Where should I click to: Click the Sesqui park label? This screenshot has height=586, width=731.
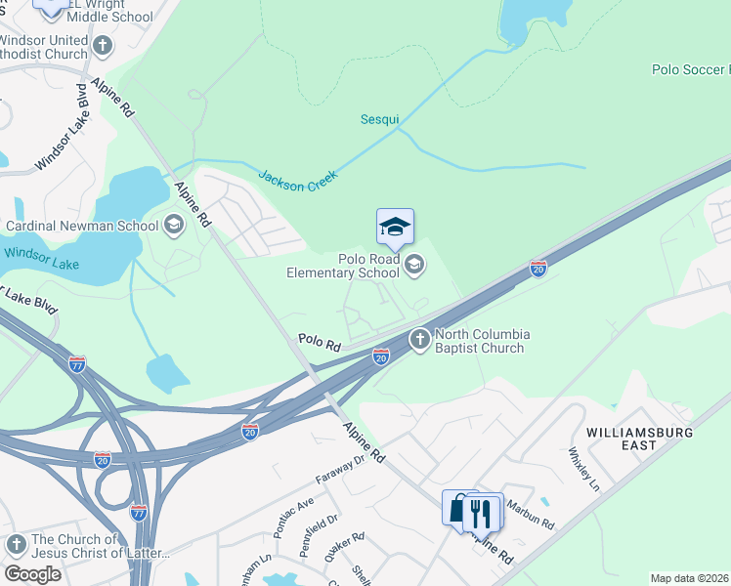(x=380, y=119)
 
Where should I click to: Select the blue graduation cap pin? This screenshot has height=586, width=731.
(x=395, y=228)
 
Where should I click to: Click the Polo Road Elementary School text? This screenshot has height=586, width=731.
(x=343, y=266)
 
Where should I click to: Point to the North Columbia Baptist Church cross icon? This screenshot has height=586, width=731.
(x=420, y=339)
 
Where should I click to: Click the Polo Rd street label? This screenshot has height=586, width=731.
(x=319, y=343)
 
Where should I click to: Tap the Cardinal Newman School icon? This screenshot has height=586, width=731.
(x=174, y=226)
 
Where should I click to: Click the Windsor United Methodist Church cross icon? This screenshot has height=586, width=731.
(x=103, y=45)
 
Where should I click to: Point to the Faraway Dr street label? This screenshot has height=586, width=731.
(x=339, y=471)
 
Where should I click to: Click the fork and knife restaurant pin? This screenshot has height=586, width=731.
(x=482, y=511)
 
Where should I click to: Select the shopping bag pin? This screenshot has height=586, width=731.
(x=458, y=508)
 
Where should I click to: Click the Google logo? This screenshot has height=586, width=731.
(x=32, y=574)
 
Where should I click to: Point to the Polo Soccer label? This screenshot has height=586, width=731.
(x=690, y=69)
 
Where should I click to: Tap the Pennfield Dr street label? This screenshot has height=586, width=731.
(x=320, y=533)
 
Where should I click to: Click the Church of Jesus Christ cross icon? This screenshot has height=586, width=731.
(x=16, y=544)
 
